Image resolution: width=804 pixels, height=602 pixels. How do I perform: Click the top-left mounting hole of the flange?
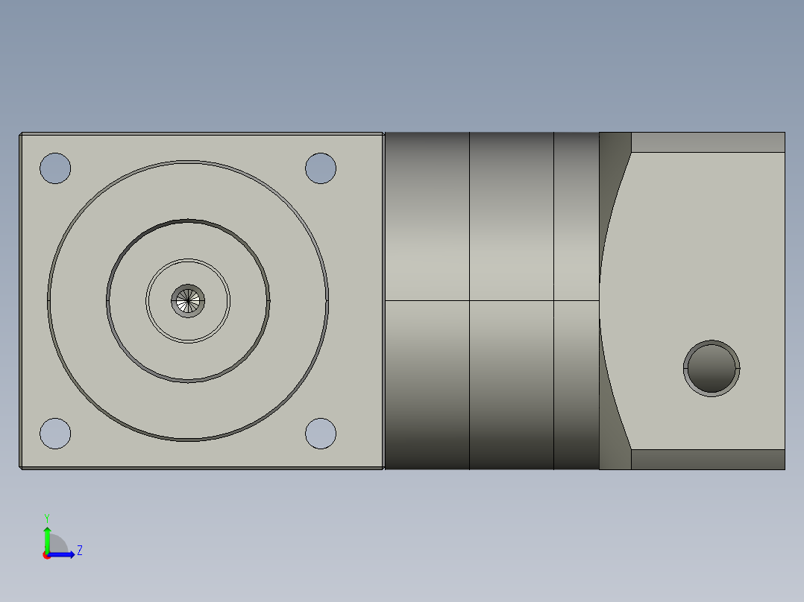click(55, 168)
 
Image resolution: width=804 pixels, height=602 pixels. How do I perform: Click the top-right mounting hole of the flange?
click(321, 168)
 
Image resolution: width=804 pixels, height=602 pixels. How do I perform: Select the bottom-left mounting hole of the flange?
click(55, 434)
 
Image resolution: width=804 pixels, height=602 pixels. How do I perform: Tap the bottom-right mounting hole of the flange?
click(321, 434)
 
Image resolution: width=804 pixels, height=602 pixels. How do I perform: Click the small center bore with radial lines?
click(188, 301)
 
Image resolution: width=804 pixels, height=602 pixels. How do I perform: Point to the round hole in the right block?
click(712, 369)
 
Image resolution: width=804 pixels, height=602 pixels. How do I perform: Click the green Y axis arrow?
click(47, 536)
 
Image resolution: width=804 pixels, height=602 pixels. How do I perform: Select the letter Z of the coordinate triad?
click(79, 551)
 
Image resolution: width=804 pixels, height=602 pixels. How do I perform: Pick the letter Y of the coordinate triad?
click(46, 517)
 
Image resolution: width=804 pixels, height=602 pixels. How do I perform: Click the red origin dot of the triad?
click(46, 555)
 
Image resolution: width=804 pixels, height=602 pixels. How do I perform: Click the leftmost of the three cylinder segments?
click(427, 224)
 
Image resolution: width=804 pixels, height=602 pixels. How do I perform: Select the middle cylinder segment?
click(512, 224)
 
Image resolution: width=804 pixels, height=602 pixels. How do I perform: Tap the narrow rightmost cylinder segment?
click(577, 224)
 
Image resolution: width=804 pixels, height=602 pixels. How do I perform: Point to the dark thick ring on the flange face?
click(188, 221)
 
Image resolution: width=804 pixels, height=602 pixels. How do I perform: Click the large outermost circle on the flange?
click(188, 162)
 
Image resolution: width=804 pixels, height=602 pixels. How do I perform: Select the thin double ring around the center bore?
click(188, 260)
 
